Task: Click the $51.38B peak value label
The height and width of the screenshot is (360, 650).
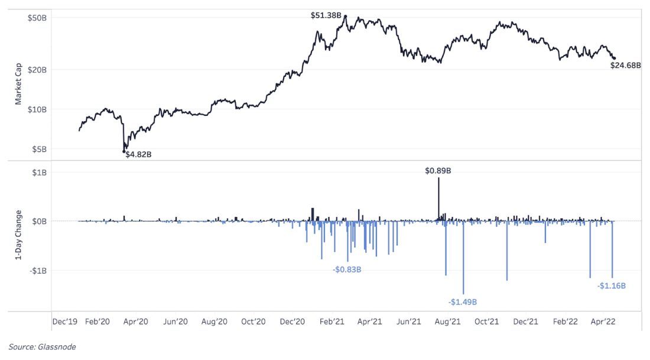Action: (x=326, y=15)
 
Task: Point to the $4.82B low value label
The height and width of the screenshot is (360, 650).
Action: (x=142, y=154)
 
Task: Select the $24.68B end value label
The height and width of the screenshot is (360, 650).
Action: (x=625, y=66)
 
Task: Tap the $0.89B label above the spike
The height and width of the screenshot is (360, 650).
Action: (x=438, y=170)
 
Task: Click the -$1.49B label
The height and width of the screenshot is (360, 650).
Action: (x=462, y=302)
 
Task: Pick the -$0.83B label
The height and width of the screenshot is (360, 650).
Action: (x=347, y=270)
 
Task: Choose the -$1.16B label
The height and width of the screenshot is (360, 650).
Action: (x=611, y=286)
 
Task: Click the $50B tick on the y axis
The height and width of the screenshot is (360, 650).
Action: (x=37, y=18)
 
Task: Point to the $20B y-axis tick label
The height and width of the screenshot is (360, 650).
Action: (x=37, y=70)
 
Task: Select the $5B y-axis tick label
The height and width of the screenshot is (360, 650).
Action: (x=39, y=150)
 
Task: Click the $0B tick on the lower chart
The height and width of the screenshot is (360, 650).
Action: (x=39, y=221)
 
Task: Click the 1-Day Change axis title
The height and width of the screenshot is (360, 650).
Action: (x=18, y=235)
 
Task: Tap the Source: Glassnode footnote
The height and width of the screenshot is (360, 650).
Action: (x=42, y=347)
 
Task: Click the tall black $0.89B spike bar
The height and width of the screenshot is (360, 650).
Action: (x=438, y=198)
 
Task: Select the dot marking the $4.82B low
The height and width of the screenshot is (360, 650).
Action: (x=124, y=152)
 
